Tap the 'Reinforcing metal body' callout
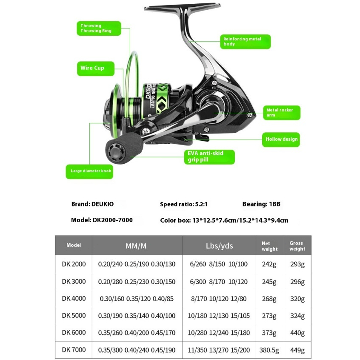click(x=246, y=41)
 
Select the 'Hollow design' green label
click(x=281, y=139)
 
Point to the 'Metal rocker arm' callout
click(x=281, y=112)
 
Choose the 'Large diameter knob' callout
click(x=89, y=171)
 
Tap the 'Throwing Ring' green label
click(x=99, y=29)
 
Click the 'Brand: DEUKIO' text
click(x=92, y=204)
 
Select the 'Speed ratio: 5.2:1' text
click(x=183, y=204)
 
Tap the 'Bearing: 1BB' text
click(x=261, y=204)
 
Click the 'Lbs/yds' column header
click(x=219, y=246)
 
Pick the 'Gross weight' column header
click(x=297, y=246)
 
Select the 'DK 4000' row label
click(x=74, y=298)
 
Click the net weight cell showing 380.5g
click(x=269, y=350)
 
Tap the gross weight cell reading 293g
click(x=297, y=264)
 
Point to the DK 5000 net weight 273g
click(x=269, y=316)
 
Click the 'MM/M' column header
click(x=136, y=246)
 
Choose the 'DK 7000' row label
click(x=74, y=350)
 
